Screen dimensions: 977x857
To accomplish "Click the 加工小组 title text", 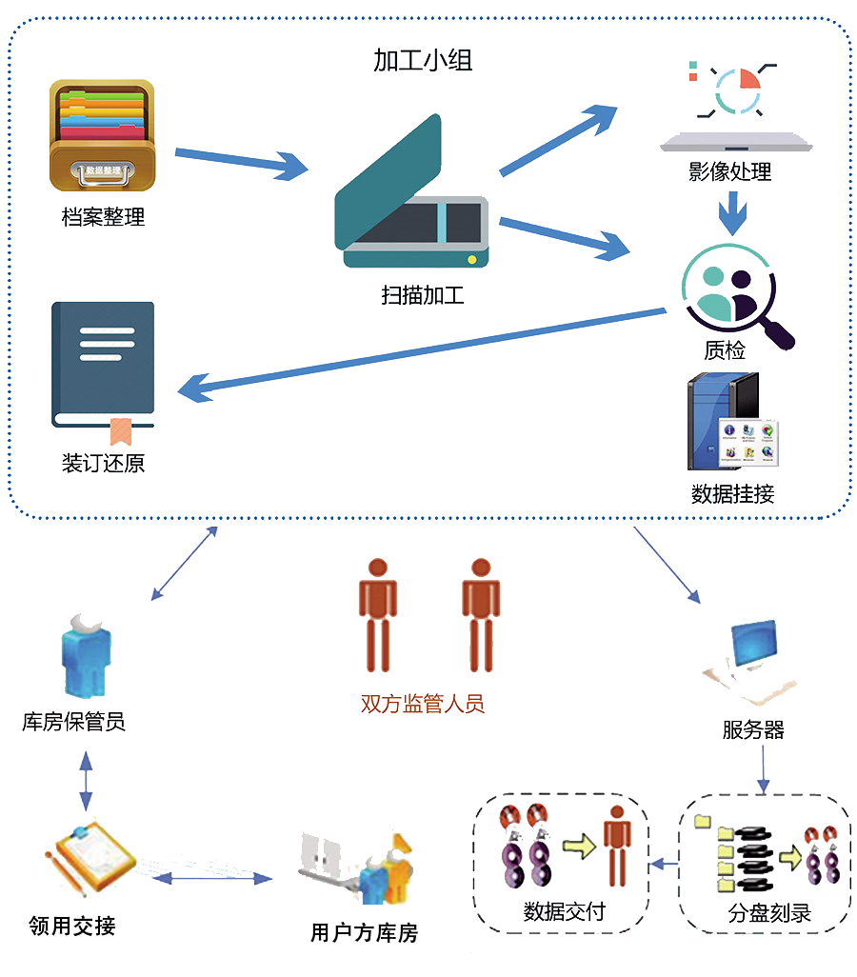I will [423, 61].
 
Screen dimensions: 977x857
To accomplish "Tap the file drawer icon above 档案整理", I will [102, 135].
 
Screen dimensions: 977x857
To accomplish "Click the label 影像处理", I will [729, 172].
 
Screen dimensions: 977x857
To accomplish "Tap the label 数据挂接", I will [732, 493].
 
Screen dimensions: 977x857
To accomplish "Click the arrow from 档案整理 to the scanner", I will [242, 162].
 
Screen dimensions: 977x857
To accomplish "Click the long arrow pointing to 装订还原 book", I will [419, 349].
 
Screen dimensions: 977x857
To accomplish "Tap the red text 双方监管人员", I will [423, 704].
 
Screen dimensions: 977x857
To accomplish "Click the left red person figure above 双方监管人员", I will [378, 614].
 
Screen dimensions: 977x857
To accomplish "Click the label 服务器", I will [752, 730].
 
